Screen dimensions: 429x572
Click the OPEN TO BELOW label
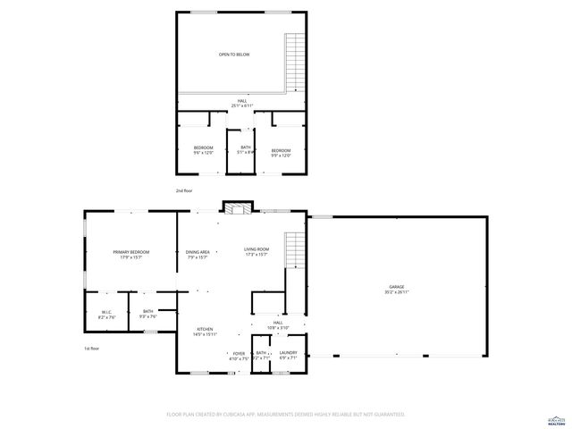[x=234, y=55]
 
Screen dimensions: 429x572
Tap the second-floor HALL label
[x=241, y=104]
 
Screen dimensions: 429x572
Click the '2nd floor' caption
[x=184, y=190]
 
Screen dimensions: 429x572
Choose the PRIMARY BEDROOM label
[x=131, y=255]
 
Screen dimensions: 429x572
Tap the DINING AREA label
[x=198, y=255]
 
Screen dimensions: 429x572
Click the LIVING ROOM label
[x=257, y=252]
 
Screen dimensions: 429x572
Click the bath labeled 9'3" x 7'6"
[x=147, y=314]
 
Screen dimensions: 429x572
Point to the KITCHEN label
[x=205, y=332]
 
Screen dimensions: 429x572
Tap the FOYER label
[x=239, y=356]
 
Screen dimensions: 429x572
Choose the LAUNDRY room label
[x=288, y=356]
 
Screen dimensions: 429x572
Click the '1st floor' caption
[x=91, y=349]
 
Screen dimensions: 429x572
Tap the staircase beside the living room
[x=294, y=249]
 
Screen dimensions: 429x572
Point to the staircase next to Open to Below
[x=294, y=60]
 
